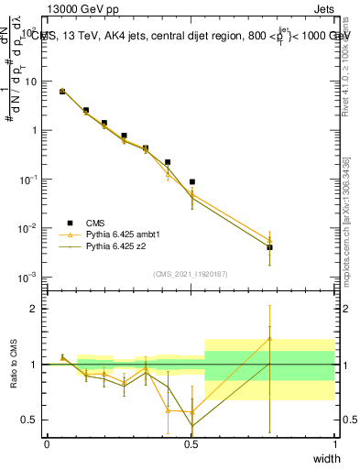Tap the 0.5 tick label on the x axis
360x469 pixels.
click(191, 443)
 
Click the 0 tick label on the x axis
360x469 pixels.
click(47, 443)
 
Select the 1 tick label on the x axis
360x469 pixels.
click(335, 443)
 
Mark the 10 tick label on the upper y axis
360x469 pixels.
click(30, 82)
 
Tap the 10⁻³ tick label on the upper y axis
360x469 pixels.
click(28, 277)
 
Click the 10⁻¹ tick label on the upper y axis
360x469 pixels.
click(28, 180)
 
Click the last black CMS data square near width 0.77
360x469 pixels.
click(269, 247)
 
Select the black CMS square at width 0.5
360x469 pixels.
click(191, 182)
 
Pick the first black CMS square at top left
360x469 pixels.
click(62, 92)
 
